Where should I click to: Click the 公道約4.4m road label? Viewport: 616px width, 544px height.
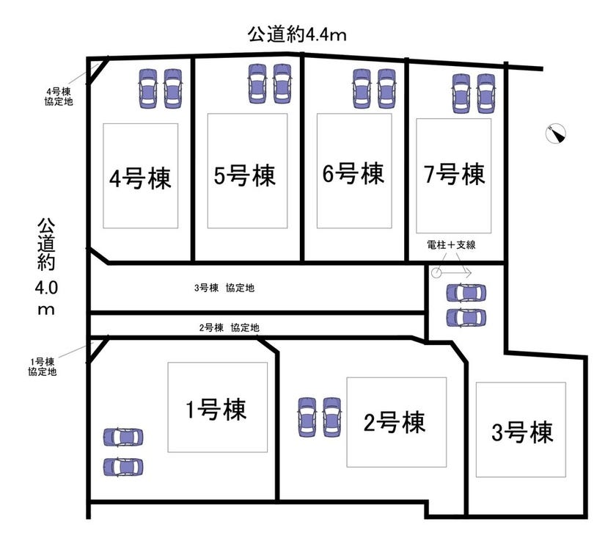[x=297, y=35]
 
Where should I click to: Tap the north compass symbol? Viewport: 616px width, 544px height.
[x=556, y=134]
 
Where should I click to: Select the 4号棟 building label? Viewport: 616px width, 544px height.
[x=140, y=178]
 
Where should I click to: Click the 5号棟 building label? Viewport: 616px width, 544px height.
[x=244, y=175]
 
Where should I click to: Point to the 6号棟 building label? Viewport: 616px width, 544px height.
[x=353, y=173]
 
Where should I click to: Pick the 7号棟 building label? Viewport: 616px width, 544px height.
[x=454, y=174]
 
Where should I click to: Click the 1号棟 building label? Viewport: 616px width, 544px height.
[x=216, y=409]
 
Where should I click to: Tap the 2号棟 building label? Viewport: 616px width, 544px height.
[x=394, y=422]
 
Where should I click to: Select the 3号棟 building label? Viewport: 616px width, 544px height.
[x=522, y=432]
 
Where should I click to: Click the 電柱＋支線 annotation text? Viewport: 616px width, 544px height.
[x=451, y=244]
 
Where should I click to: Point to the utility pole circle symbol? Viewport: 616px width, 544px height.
[x=436, y=272]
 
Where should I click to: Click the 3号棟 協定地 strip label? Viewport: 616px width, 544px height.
[x=224, y=288]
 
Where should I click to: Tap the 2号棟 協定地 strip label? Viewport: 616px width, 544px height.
[x=229, y=327]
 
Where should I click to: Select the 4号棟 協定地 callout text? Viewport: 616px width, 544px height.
[x=59, y=97]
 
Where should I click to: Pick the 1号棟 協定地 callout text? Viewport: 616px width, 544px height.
[x=42, y=366]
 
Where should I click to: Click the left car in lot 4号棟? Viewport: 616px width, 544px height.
[x=148, y=89]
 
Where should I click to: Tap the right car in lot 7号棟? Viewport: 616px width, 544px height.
[x=485, y=94]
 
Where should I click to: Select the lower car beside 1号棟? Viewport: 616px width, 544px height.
[x=123, y=468]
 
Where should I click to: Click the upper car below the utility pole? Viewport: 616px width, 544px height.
[x=466, y=293]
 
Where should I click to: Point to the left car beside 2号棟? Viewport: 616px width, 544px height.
[x=307, y=417]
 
